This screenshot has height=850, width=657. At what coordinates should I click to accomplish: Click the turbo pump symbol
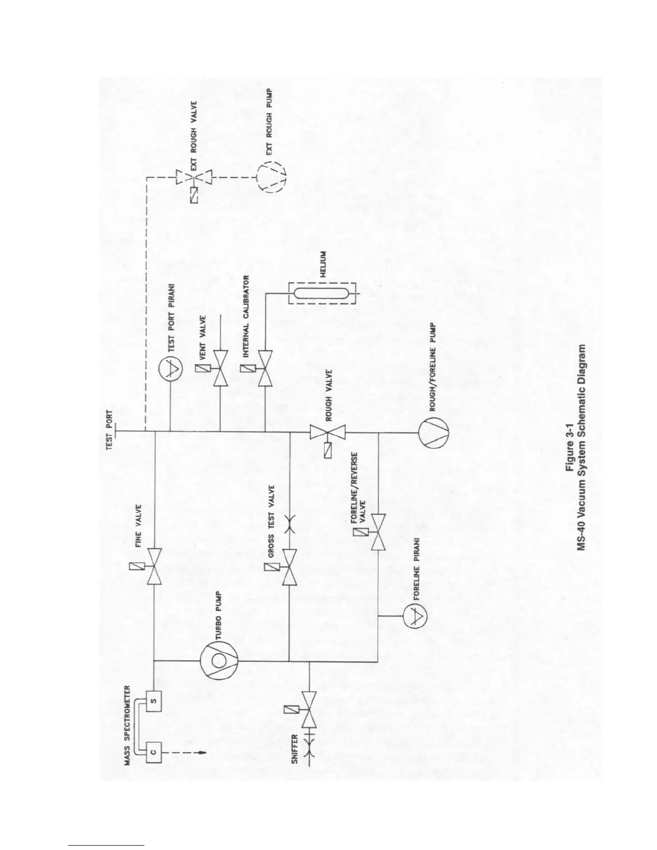click(x=218, y=659)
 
